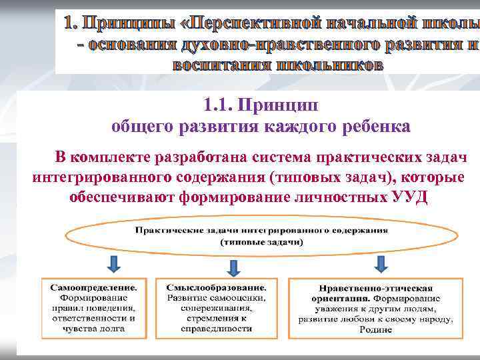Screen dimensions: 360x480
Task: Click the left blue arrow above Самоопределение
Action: tap(114, 264)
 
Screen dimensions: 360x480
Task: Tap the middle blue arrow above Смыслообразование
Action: tap(233, 267)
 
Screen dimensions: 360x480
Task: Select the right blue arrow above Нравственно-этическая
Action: tap(381, 264)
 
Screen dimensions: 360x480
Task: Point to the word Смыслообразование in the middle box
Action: tap(217, 287)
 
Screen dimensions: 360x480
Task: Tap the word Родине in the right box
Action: tap(375, 330)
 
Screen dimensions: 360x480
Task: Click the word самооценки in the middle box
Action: tap(239, 297)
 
